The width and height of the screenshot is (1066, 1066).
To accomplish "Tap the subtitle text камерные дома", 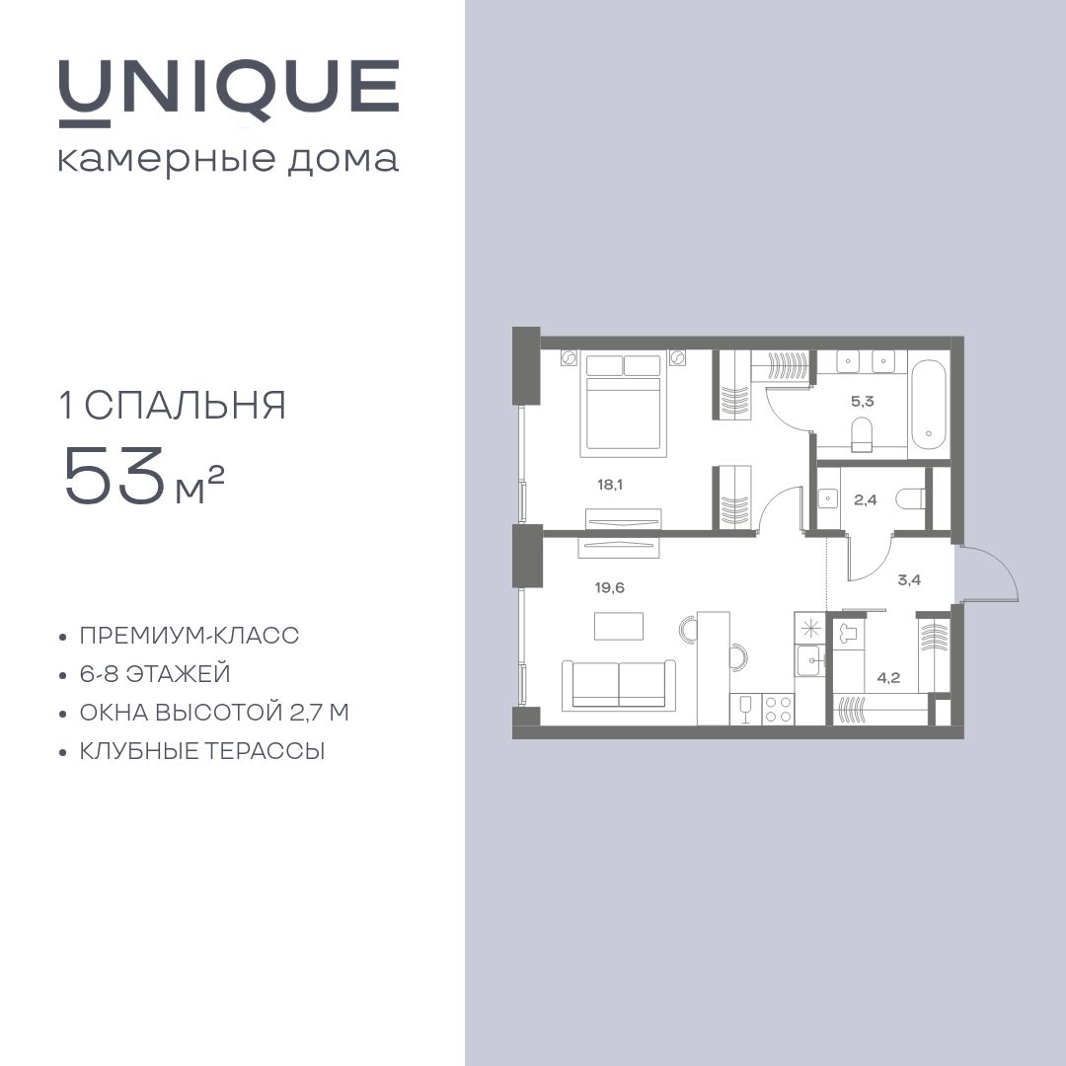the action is coord(228,160).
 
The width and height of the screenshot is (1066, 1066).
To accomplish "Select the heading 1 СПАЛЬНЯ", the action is coord(174,406).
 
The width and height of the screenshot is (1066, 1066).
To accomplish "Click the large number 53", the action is coord(114,477).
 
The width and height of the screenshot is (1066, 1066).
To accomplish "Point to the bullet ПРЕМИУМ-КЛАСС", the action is coord(189,635).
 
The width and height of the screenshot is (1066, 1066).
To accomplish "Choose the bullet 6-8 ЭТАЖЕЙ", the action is coord(155,674).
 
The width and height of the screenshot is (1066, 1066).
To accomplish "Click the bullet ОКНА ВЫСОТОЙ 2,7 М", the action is coord(214,713).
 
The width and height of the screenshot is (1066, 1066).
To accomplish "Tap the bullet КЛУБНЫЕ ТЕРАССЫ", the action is coord(202,751).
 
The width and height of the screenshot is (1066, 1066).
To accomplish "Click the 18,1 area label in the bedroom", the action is coord(610,485).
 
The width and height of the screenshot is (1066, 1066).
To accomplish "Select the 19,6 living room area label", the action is coord(610,587).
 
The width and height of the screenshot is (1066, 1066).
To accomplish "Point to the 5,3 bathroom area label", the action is coord(862,401).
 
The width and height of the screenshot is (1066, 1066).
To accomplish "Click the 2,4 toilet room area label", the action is coord(866,500).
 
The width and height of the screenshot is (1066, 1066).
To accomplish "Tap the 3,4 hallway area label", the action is coord(910,580).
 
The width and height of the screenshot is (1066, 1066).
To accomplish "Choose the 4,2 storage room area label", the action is coord(889,677).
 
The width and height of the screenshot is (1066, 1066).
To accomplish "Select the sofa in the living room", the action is coord(619,685).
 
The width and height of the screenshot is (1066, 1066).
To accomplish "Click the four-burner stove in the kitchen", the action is coord(778,709).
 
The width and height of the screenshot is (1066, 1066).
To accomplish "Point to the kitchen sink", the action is coord(810,659).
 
